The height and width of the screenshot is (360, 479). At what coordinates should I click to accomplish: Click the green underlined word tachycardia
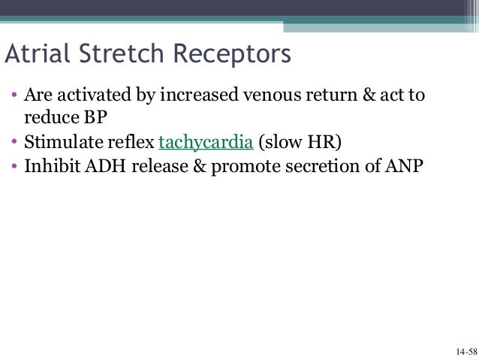tap(205, 142)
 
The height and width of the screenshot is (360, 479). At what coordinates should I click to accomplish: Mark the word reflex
tap(135, 142)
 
